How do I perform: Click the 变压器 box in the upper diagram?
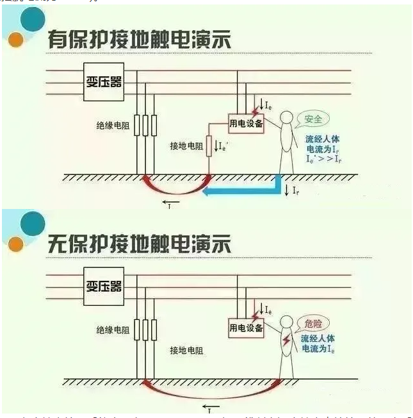[104, 81]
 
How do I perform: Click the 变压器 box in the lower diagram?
[104, 285]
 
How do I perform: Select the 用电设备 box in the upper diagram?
[246, 124]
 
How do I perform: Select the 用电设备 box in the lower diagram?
[246, 328]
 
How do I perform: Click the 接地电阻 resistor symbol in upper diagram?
[208, 148]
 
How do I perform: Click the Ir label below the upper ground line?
[296, 191]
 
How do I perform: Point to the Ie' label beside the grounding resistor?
[223, 146]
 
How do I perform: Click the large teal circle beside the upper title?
[32, 20]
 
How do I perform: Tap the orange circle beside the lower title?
[16, 244]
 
